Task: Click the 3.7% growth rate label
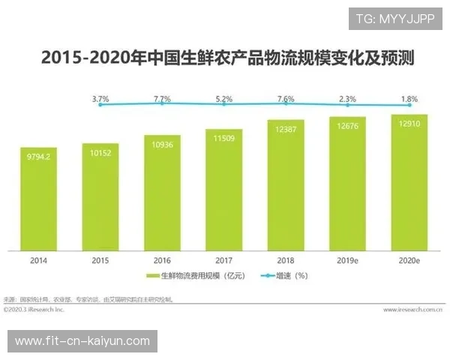point(100,97)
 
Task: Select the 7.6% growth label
point(286,97)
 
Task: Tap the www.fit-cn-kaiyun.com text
point(82,341)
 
